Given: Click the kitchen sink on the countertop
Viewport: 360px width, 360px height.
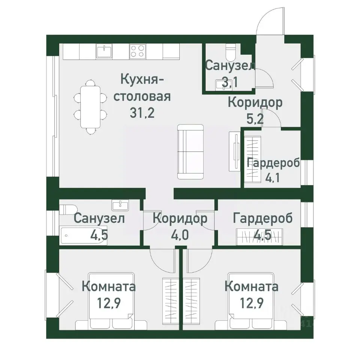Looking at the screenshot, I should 104,51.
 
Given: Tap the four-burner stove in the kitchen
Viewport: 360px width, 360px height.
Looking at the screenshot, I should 137,51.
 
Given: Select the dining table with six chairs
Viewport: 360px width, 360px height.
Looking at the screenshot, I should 90,107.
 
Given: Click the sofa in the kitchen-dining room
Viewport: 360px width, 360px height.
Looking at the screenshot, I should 190,151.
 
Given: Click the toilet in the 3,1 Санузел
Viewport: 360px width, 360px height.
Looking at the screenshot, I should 230,51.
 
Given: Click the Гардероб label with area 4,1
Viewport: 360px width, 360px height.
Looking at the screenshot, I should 273,163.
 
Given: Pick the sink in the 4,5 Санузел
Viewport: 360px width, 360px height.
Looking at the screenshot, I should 120,205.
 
